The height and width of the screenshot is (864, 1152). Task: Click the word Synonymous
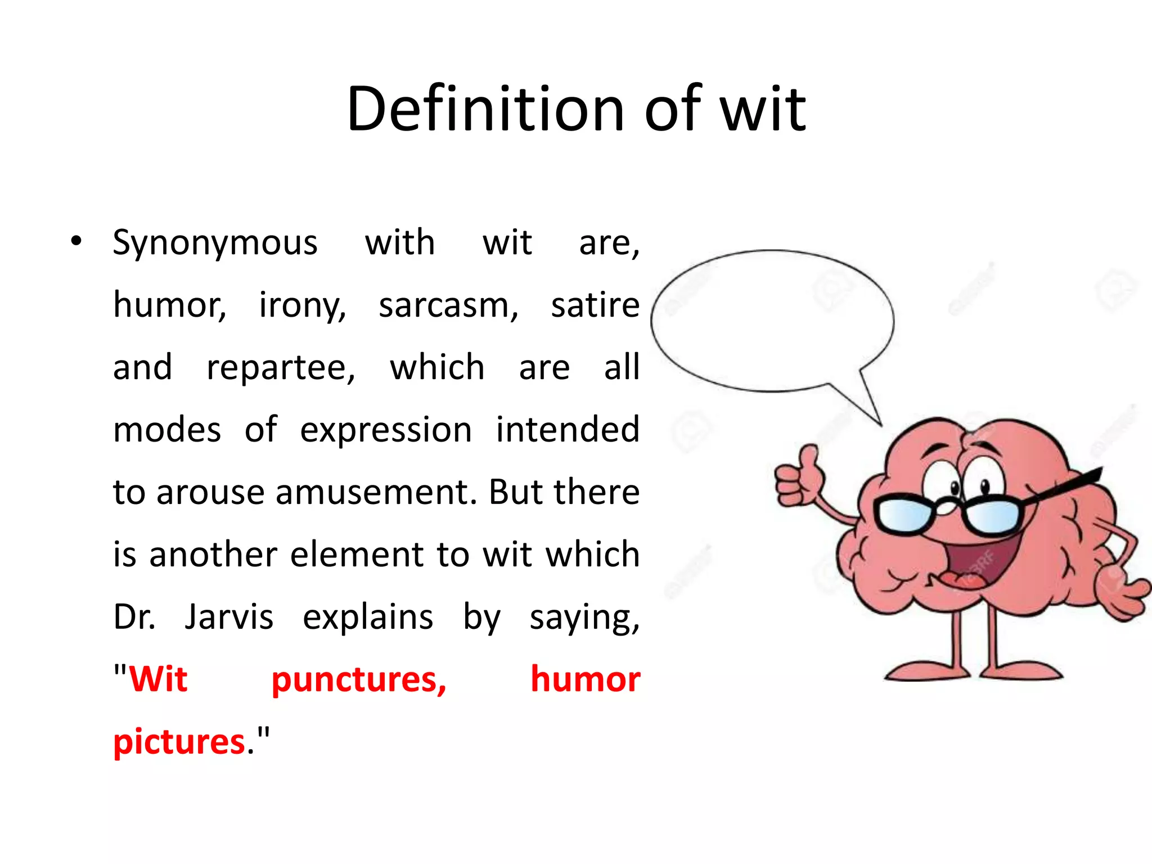point(215,243)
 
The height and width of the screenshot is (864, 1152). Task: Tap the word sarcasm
point(448,305)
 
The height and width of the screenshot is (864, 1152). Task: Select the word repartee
point(280,368)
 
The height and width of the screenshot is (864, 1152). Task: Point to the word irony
point(302,305)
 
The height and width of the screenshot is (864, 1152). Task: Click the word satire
point(595,305)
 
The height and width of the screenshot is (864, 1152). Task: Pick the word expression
point(386,430)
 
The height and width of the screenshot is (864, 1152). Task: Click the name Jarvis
point(229,617)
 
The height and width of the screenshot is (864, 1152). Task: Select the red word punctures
point(358,679)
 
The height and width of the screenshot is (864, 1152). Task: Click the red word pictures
point(179,742)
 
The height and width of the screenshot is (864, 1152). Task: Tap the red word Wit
point(158,679)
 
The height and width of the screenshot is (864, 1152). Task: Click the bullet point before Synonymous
point(76,242)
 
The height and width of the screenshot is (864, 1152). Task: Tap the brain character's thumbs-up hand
point(798,477)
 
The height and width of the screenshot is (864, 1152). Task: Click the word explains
point(368,617)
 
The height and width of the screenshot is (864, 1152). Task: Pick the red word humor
point(585,679)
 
